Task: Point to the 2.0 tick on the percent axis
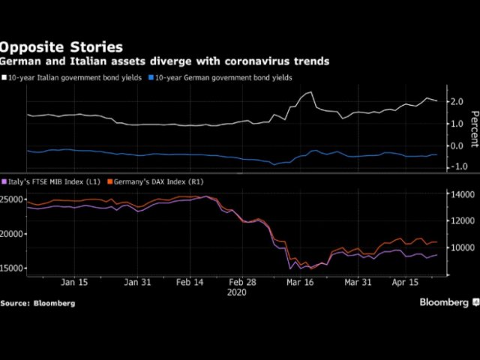click(x=455, y=101)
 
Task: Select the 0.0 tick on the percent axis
click(x=455, y=145)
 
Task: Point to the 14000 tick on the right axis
click(x=459, y=194)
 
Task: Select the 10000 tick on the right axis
click(x=459, y=247)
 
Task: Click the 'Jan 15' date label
click(x=74, y=283)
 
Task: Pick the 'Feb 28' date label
click(x=241, y=283)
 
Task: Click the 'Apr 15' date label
click(x=406, y=283)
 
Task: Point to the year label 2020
click(x=237, y=293)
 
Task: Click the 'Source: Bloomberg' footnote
click(x=37, y=302)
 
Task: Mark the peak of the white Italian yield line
click(x=309, y=92)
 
